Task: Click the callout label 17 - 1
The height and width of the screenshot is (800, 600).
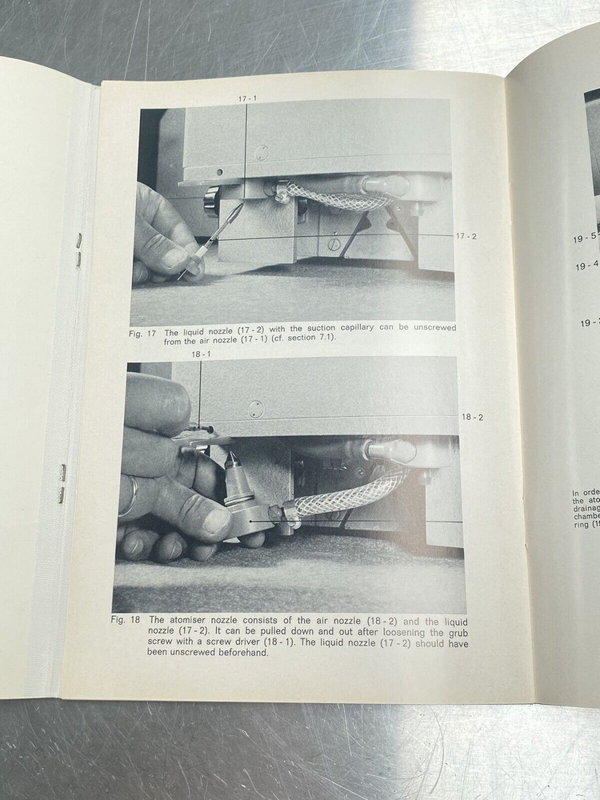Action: point(246,98)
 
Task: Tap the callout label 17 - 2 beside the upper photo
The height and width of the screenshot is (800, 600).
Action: point(466,237)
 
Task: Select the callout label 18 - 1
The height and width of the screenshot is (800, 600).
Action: point(200,354)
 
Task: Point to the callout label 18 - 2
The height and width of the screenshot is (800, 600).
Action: point(473,418)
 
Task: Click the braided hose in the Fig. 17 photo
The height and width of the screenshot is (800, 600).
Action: point(328,195)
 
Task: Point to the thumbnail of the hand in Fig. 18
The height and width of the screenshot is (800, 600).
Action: point(214,522)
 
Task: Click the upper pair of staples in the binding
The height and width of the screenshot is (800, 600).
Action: point(78,250)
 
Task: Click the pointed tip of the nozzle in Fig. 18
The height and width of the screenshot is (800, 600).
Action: point(230,457)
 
